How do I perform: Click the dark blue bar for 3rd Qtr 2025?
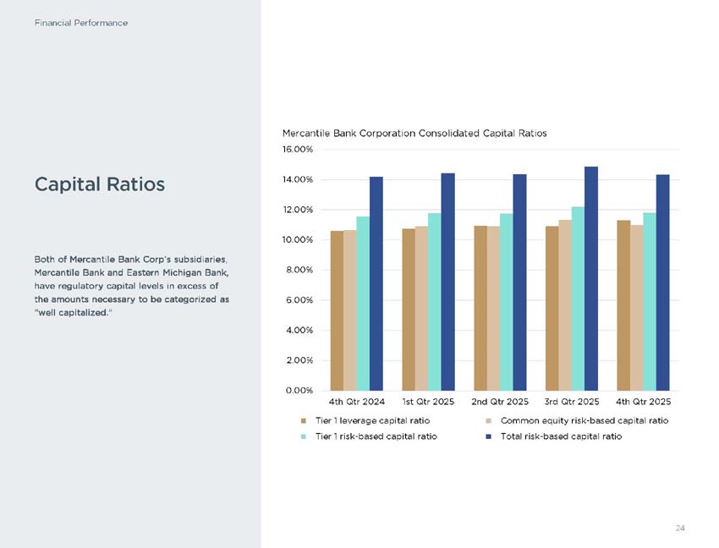click(591, 278)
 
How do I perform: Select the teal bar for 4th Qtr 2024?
click(363, 304)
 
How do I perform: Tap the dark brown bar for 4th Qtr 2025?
click(623, 305)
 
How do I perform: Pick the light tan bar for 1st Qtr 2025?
click(421, 308)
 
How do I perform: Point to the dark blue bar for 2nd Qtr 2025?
click(519, 282)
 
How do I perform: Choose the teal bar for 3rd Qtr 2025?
click(578, 299)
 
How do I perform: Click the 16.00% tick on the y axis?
click(298, 150)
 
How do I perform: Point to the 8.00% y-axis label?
click(299, 270)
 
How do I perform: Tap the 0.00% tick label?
click(299, 391)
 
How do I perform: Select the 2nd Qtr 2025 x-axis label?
click(500, 402)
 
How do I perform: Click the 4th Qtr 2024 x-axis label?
click(357, 402)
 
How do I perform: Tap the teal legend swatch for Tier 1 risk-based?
click(303, 436)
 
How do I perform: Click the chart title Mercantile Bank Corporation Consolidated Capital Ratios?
click(414, 134)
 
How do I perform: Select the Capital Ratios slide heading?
click(100, 184)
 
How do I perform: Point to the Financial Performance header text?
click(81, 23)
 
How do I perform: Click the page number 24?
click(680, 528)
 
